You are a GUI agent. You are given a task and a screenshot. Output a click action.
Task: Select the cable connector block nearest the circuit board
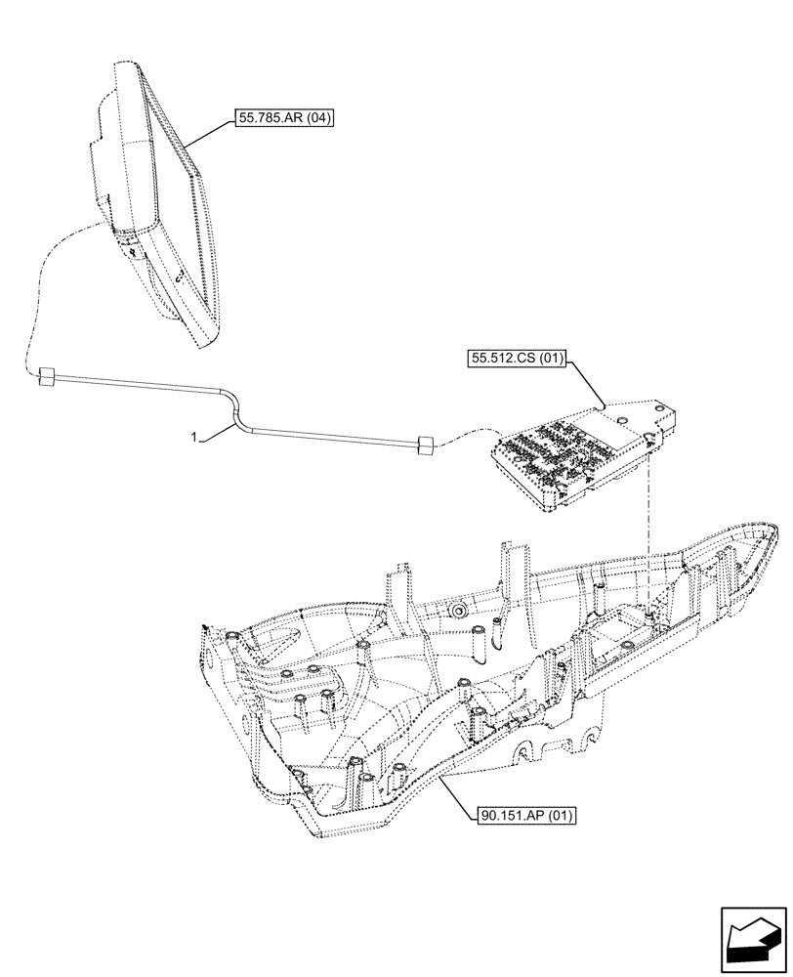click(x=424, y=446)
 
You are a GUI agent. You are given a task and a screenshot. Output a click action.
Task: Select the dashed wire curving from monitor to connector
click(x=39, y=293)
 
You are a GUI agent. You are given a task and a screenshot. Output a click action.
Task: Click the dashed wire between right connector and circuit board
click(x=464, y=441)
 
